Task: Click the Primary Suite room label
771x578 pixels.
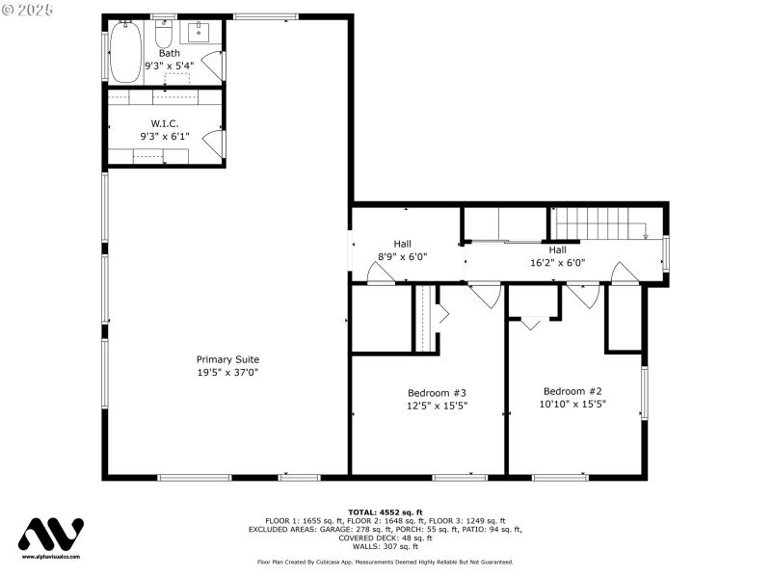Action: tap(227, 359)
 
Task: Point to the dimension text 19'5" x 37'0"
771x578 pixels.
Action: tap(227, 372)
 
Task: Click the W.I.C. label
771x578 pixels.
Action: tap(164, 123)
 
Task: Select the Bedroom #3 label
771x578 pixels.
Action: tap(437, 392)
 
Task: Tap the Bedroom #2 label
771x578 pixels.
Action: tap(572, 391)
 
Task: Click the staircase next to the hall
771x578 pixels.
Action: tap(598, 223)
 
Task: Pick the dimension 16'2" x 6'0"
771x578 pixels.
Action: tap(557, 262)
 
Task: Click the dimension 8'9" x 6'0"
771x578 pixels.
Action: tap(402, 257)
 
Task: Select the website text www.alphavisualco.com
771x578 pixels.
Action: tap(51, 557)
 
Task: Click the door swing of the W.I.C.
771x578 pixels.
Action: tap(213, 143)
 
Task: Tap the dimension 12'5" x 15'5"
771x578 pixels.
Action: tap(437, 406)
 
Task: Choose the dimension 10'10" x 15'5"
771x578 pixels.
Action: tap(572, 405)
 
